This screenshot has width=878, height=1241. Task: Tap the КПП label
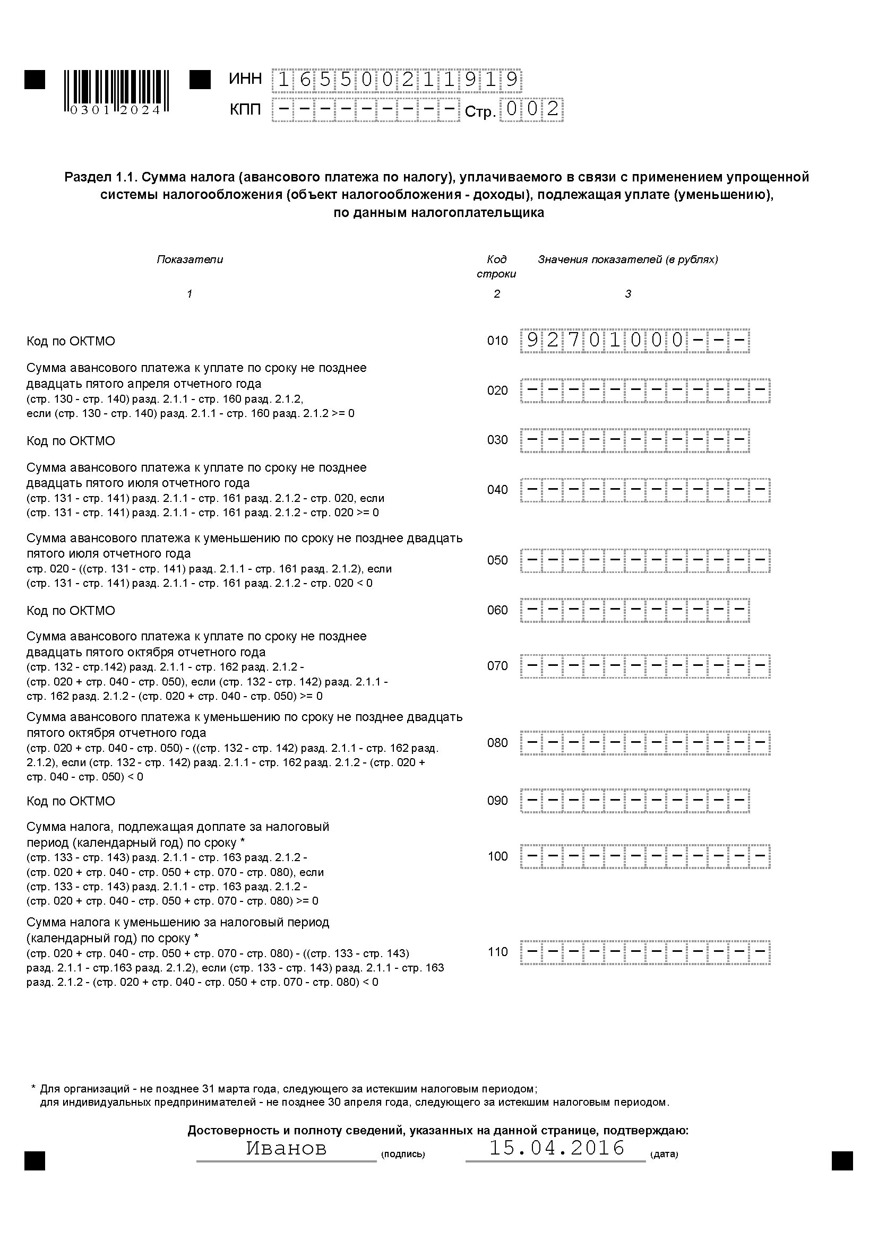[x=245, y=110]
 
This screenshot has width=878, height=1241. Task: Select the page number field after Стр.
[x=531, y=110]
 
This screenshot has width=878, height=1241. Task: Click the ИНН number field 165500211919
[x=397, y=80]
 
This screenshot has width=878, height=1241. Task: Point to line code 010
[x=497, y=341]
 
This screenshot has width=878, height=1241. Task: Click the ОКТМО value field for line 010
[x=635, y=341]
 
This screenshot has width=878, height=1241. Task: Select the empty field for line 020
[x=645, y=391]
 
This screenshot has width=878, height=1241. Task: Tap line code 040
[x=497, y=490]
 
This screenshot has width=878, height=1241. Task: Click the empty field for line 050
[x=645, y=561]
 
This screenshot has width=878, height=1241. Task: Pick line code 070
[x=497, y=666]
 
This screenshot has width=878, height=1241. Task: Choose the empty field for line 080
[x=645, y=743]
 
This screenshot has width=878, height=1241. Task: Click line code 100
[x=497, y=857]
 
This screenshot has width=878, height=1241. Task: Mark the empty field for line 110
[x=645, y=952]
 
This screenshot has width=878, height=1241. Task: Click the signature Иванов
[x=287, y=1148]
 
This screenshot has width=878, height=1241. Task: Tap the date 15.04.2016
[x=557, y=1148]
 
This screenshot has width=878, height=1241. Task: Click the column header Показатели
[x=190, y=259]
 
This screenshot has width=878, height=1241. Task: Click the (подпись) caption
[x=403, y=1155]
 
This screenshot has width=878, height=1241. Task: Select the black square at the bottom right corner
[x=842, y=1161]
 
